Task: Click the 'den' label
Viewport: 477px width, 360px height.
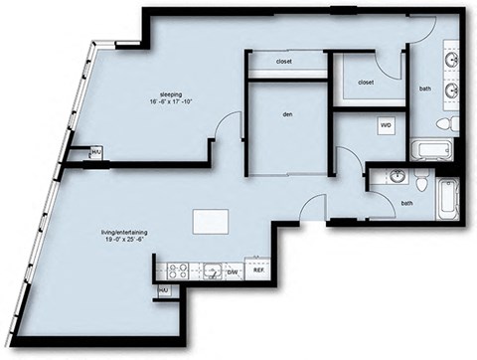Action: tap(286, 114)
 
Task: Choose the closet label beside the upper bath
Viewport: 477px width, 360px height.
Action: tap(365, 83)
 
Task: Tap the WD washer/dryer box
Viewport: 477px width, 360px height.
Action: tap(385, 126)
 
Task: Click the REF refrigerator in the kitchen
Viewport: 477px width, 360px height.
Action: tap(257, 270)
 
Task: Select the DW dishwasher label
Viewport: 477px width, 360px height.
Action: tap(231, 270)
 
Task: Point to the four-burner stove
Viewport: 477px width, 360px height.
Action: tap(179, 269)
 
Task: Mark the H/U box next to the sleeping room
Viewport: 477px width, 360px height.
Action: tap(95, 152)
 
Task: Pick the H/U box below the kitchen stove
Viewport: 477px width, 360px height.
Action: tap(162, 290)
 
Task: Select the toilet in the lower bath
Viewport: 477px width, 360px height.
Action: tap(421, 183)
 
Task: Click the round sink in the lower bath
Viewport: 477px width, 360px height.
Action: tap(397, 177)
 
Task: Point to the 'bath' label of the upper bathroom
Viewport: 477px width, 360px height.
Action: tap(424, 90)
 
